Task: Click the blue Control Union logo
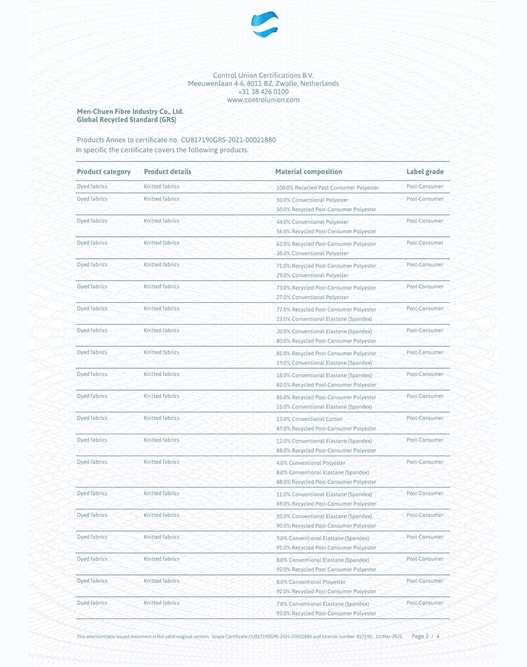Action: click(x=264, y=25)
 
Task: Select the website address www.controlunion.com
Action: click(x=263, y=100)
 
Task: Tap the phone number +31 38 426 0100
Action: click(x=263, y=92)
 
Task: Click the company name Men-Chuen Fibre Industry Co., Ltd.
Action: click(x=130, y=111)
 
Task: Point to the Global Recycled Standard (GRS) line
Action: click(x=126, y=120)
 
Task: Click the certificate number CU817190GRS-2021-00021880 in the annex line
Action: click(x=229, y=140)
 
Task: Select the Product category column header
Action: click(x=103, y=172)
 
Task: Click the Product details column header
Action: click(x=167, y=172)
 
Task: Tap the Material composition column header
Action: click(x=308, y=172)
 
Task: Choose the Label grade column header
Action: click(x=425, y=172)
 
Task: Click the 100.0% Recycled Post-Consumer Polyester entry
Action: click(x=328, y=188)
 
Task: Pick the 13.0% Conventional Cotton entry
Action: click(x=308, y=420)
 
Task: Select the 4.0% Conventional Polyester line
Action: click(x=311, y=463)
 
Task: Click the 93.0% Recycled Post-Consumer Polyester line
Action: click(x=326, y=614)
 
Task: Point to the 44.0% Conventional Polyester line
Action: click(x=312, y=222)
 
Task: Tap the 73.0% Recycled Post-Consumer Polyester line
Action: click(x=326, y=288)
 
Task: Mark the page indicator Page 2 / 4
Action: click(x=426, y=637)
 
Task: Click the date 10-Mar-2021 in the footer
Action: click(x=388, y=637)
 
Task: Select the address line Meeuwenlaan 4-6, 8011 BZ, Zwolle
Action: click(x=263, y=83)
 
